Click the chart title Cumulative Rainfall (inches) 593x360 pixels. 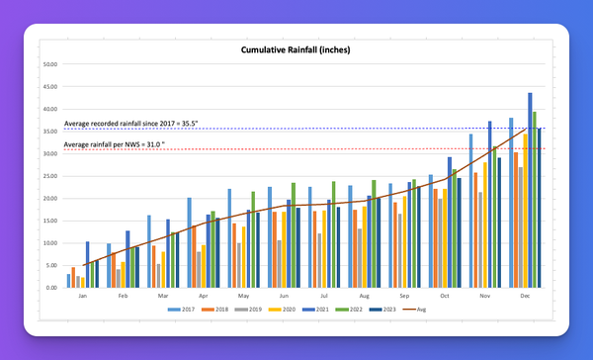[296, 49]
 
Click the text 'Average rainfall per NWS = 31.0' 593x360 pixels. [124, 145]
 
